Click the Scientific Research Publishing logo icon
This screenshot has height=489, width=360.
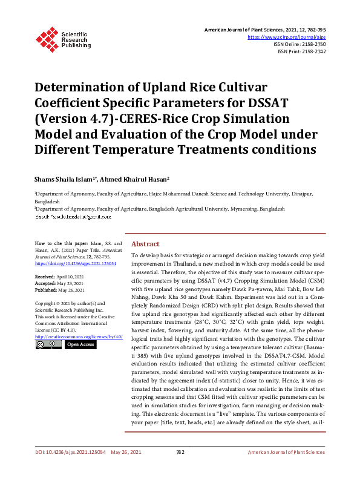click(48, 38)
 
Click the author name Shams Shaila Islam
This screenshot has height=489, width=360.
click(65, 179)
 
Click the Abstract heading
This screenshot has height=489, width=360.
click(145, 243)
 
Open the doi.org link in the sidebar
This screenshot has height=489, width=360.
click(76, 264)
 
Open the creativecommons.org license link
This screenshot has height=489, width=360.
click(79, 336)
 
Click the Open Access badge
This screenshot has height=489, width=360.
click(80, 344)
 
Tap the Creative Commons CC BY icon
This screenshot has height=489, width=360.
click(48, 344)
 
